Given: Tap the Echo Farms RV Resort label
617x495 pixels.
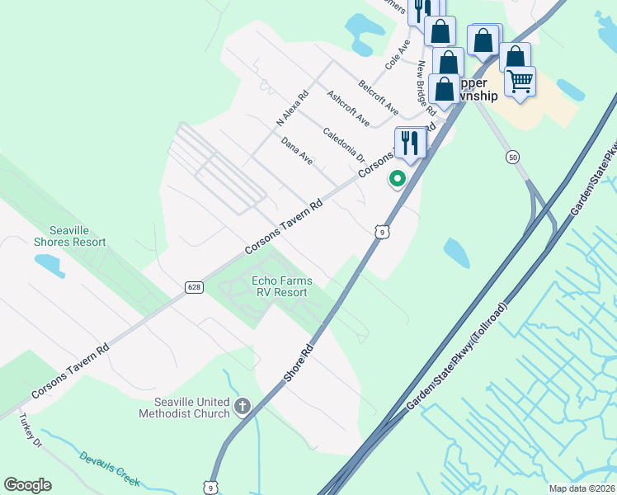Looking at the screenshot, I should (280, 286).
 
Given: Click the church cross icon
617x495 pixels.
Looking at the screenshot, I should (243, 405).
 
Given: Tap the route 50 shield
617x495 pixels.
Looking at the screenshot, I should (513, 157).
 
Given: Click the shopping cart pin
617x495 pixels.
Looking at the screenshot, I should (520, 82).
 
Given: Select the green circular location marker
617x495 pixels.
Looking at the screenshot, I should (398, 177).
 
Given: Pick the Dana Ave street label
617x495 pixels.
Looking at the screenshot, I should (297, 151).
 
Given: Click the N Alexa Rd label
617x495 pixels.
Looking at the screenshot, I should (292, 108).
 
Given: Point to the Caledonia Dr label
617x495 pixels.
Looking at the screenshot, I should (343, 144).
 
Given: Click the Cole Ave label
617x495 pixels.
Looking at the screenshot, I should (398, 54).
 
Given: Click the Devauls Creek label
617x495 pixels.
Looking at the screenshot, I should (111, 469).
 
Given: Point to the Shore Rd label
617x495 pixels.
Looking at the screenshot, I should (299, 362).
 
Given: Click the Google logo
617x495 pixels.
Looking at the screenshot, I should (27, 485).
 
